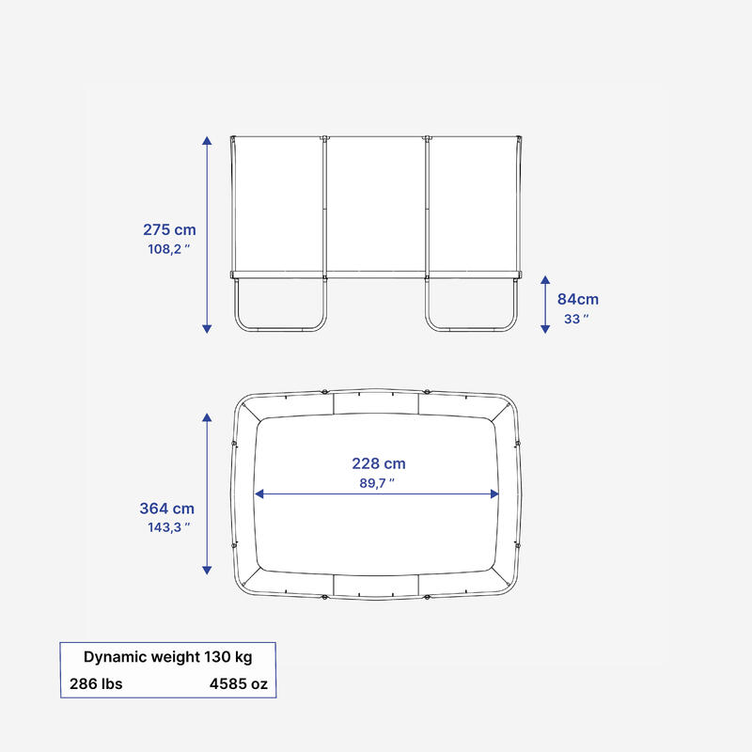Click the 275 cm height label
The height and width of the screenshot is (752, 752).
[169, 229]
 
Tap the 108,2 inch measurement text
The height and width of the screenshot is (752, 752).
[169, 249]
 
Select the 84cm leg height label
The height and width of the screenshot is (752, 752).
[578, 299]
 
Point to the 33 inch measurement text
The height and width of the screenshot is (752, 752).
[576, 319]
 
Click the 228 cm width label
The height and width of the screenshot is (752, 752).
[379, 463]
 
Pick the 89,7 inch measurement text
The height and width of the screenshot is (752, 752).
[377, 483]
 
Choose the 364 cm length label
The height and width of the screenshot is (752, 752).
[167, 509]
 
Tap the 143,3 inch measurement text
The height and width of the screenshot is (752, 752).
[169, 527]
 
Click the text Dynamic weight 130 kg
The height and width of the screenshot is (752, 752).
[168, 657]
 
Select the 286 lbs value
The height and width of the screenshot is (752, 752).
[96, 684]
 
